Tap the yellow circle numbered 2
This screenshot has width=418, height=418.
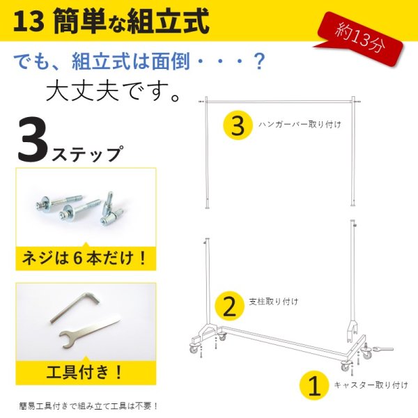(228, 304)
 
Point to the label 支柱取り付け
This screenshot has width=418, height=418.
(274, 302)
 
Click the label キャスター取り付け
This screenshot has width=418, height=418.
(370, 384)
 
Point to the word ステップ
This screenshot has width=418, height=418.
(86, 149)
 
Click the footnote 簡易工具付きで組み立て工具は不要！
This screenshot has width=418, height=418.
(88, 405)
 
